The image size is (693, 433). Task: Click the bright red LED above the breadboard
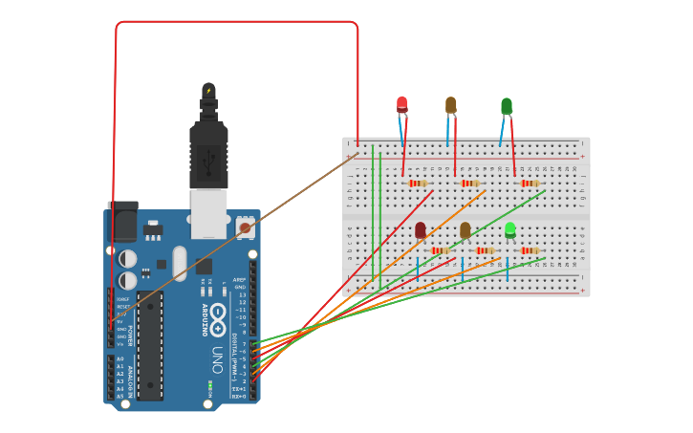401,104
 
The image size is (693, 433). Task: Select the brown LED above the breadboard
451,104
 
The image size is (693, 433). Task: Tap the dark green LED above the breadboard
506,105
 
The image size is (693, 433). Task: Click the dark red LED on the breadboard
421,230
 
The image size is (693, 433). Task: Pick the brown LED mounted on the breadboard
466,230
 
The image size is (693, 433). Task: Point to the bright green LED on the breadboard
510,229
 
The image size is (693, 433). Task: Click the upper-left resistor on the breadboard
417,184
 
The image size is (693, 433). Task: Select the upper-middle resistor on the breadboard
469,184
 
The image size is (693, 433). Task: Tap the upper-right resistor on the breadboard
529,184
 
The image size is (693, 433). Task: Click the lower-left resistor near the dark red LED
440,250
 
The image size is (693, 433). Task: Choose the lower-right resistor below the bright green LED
529,250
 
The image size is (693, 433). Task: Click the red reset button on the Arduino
245,227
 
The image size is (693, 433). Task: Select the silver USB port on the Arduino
208,212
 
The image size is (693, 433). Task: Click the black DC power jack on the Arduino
123,223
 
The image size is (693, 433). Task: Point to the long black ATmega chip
149,345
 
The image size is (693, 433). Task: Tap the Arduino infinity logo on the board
218,314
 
